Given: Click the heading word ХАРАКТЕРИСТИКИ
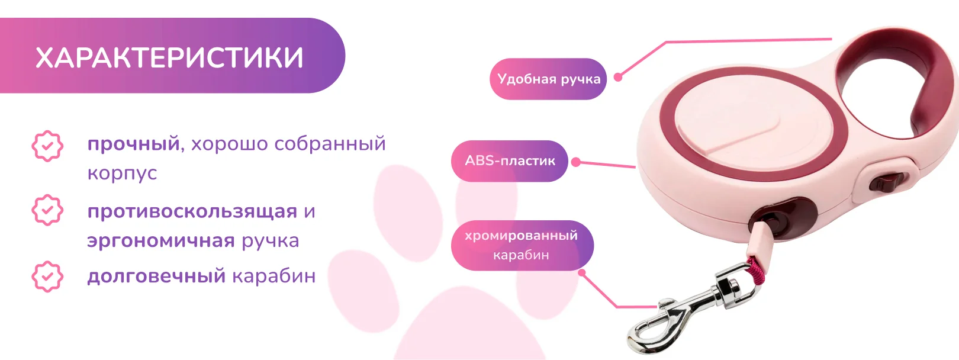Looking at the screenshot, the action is pyautogui.click(x=169, y=58).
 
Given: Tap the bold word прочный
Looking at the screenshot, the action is pyautogui.click(x=133, y=144).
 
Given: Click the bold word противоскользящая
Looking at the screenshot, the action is pyautogui.click(x=192, y=211).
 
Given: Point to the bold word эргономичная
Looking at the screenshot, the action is pyautogui.click(x=161, y=240).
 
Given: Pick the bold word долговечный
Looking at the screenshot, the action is pyautogui.click(x=156, y=276).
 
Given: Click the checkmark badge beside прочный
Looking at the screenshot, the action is pyautogui.click(x=47, y=146).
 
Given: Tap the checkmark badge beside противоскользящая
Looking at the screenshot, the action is pyautogui.click(x=47, y=210).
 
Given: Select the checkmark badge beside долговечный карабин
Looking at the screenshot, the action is pyautogui.click(x=47, y=277).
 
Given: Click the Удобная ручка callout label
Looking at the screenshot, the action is pyautogui.click(x=548, y=79).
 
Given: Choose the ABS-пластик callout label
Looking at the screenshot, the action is pyautogui.click(x=510, y=161).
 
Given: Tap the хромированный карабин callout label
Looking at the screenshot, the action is pyautogui.click(x=522, y=245).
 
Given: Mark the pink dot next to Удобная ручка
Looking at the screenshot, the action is pyautogui.click(x=618, y=78).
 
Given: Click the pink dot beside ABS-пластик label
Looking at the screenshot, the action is pyautogui.click(x=576, y=162).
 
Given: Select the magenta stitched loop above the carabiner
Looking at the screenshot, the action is pyautogui.click(x=756, y=268).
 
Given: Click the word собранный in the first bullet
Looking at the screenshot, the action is pyautogui.click(x=330, y=144).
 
